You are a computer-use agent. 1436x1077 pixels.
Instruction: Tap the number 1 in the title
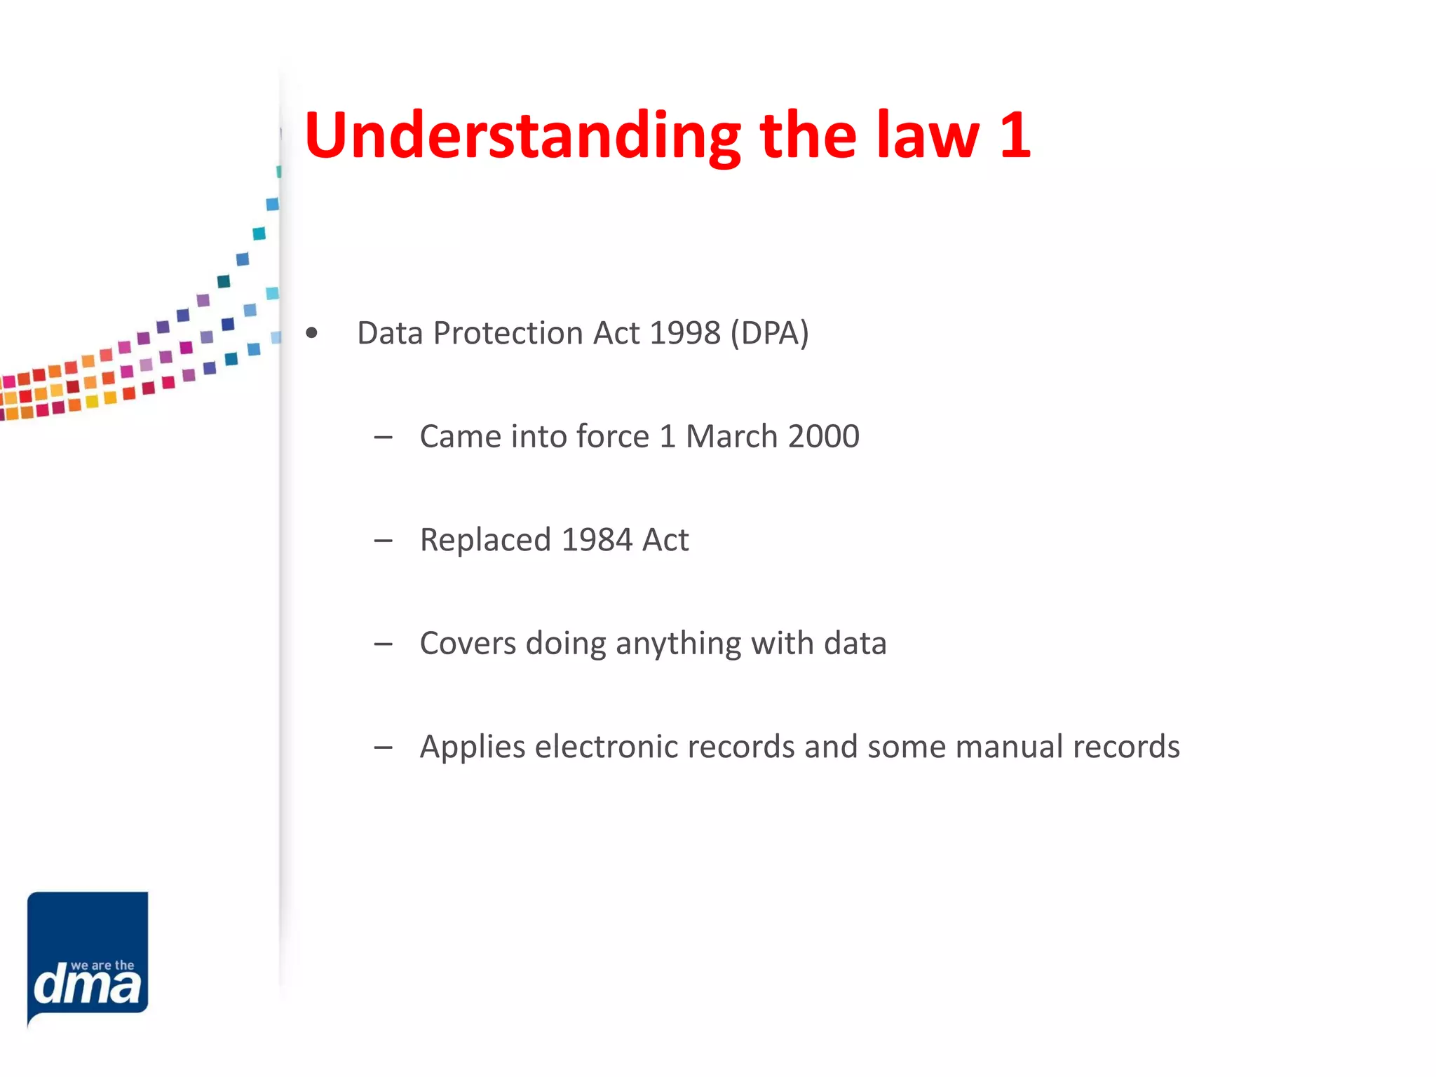(x=1015, y=135)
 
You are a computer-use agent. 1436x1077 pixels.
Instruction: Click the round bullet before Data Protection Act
(x=312, y=334)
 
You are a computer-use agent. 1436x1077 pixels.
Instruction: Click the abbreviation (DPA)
(x=769, y=333)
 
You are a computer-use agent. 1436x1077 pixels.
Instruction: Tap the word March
(x=731, y=436)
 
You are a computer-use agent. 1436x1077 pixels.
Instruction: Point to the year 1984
(x=597, y=540)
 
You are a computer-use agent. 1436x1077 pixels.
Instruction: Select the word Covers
(x=467, y=643)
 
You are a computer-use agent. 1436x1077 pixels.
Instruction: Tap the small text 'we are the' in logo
(x=102, y=966)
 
